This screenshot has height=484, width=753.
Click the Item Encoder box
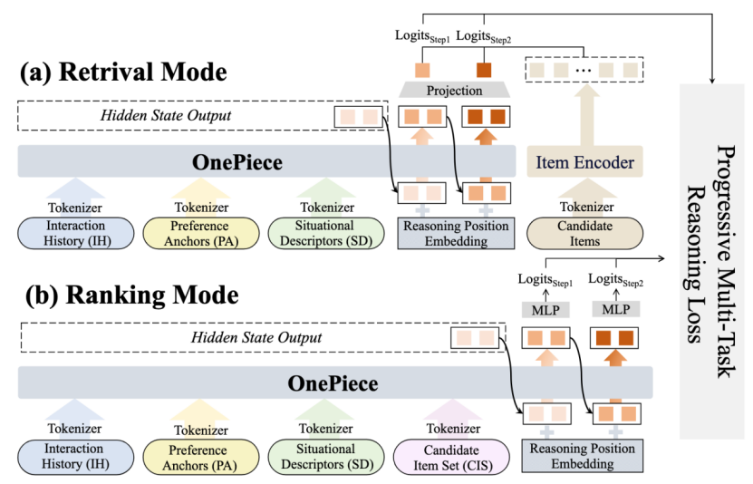[x=584, y=163]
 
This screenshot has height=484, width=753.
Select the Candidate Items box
[x=584, y=233]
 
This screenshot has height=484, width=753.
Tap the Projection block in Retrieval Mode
[x=455, y=91]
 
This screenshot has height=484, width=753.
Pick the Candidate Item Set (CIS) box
[x=452, y=455]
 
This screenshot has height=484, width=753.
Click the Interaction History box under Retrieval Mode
[x=74, y=233]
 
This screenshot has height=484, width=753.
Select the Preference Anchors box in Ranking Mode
[x=200, y=455]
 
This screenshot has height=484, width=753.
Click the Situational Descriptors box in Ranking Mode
[x=327, y=455]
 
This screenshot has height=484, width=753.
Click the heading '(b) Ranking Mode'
[x=129, y=295]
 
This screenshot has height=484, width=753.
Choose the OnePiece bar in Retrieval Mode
[x=237, y=163]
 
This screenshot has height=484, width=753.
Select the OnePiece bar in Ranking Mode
[x=333, y=383]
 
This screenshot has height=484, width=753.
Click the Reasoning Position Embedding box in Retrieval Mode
[x=455, y=233]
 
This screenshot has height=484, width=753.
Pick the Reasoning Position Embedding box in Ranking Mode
[x=582, y=455]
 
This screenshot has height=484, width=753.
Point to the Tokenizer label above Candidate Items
[x=584, y=208]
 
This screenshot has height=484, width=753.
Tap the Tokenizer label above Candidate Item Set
[x=453, y=429]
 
